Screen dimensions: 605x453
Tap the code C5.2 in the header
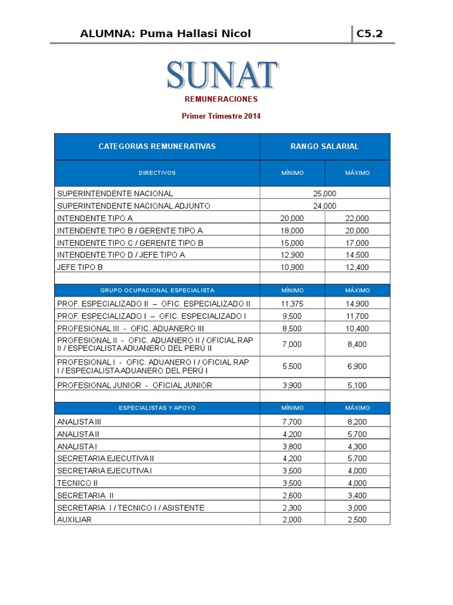(369, 34)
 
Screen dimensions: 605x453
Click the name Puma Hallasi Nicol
(195, 34)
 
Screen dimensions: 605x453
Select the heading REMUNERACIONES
(221, 99)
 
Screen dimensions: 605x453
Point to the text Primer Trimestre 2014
(221, 116)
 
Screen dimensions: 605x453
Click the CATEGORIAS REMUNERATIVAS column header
(157, 147)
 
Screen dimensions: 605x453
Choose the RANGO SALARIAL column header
(324, 147)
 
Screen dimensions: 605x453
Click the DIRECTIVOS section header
(157, 173)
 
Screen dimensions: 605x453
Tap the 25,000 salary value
(324, 193)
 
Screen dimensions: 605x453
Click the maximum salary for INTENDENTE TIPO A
(357, 218)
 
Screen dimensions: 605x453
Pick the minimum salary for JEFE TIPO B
(292, 267)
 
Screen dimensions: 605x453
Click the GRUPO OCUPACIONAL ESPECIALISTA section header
(157, 291)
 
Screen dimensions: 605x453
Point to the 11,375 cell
(292, 304)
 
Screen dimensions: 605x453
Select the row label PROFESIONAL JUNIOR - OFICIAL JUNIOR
(134, 385)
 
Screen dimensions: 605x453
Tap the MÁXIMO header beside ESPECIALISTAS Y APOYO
(357, 408)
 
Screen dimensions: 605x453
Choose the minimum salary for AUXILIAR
(292, 520)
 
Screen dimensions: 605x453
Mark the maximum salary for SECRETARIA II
(357, 495)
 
